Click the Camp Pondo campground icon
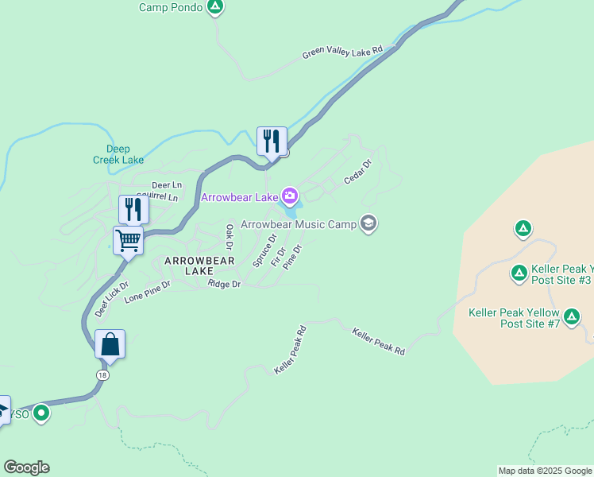214,7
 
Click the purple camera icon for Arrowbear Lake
290,196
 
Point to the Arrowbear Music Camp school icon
368,223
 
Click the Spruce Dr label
264,250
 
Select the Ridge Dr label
224,284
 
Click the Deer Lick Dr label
111,299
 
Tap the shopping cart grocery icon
128,239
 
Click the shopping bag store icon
110,344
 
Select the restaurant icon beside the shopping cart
133,209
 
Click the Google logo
26,467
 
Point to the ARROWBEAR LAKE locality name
199,266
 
